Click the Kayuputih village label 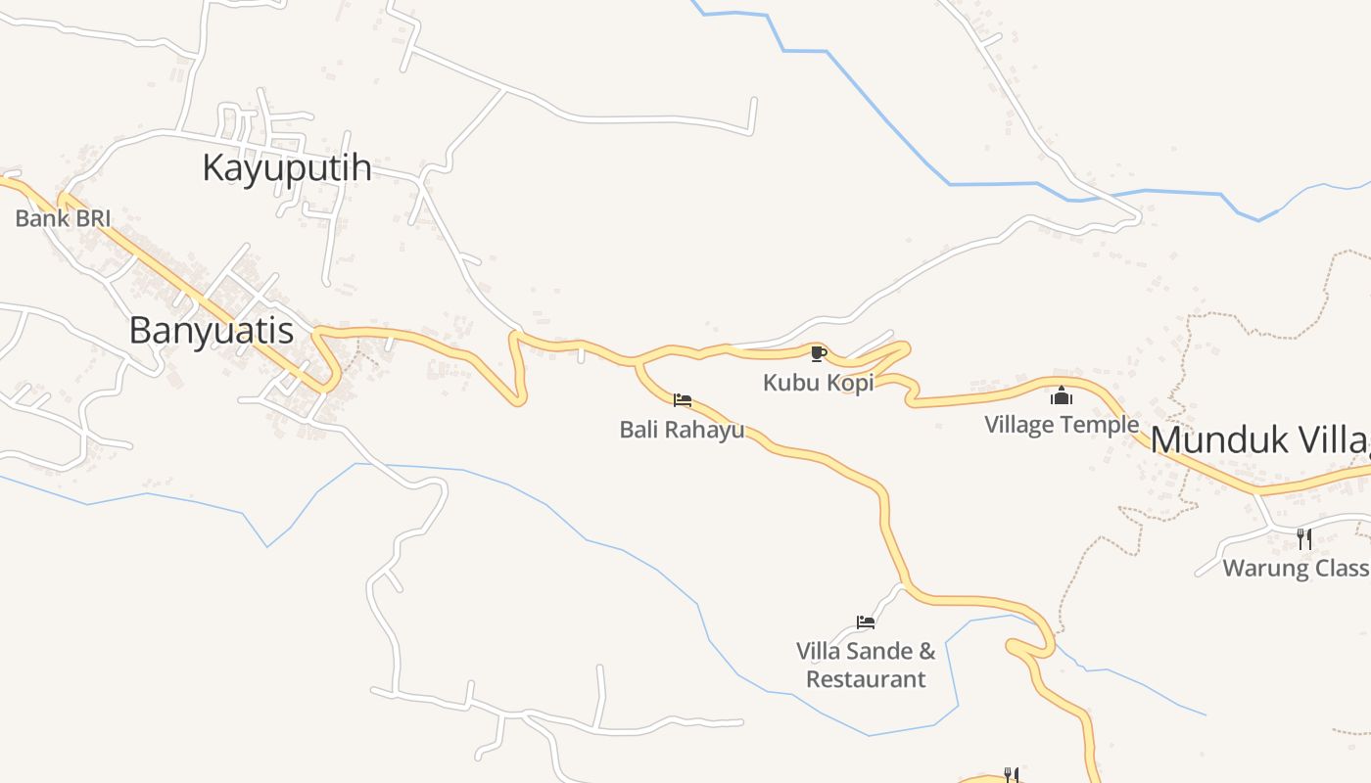tap(286, 168)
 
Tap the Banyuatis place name tap(211, 331)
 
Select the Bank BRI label tap(63, 218)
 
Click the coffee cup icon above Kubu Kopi tap(819, 353)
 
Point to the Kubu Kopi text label tap(818, 383)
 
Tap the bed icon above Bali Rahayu tap(683, 400)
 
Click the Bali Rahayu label tap(682, 430)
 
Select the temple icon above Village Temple tap(1062, 395)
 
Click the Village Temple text tap(1062, 425)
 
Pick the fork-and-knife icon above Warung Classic tap(1303, 537)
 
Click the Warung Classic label tap(1295, 568)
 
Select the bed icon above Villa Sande tap(865, 622)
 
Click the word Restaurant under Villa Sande tap(866, 679)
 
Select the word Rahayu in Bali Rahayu tap(706, 430)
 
